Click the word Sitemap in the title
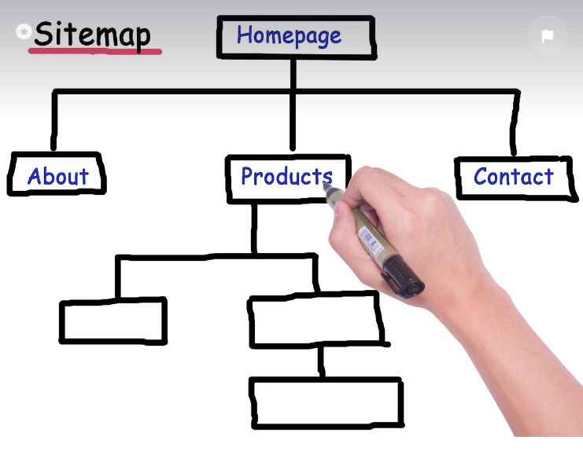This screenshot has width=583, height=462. tap(92, 35)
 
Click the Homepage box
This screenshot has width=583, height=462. tap(295, 37)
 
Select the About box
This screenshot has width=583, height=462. tap(57, 175)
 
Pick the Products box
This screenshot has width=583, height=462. tap(286, 177)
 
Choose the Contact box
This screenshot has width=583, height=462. tap(513, 177)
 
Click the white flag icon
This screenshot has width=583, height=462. tap(547, 36)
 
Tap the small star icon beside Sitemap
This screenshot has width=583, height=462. tap(24, 31)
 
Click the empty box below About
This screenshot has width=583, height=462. tap(113, 321)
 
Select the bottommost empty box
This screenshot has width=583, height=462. tap(326, 402)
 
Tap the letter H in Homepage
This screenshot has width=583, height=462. tap(245, 35)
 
